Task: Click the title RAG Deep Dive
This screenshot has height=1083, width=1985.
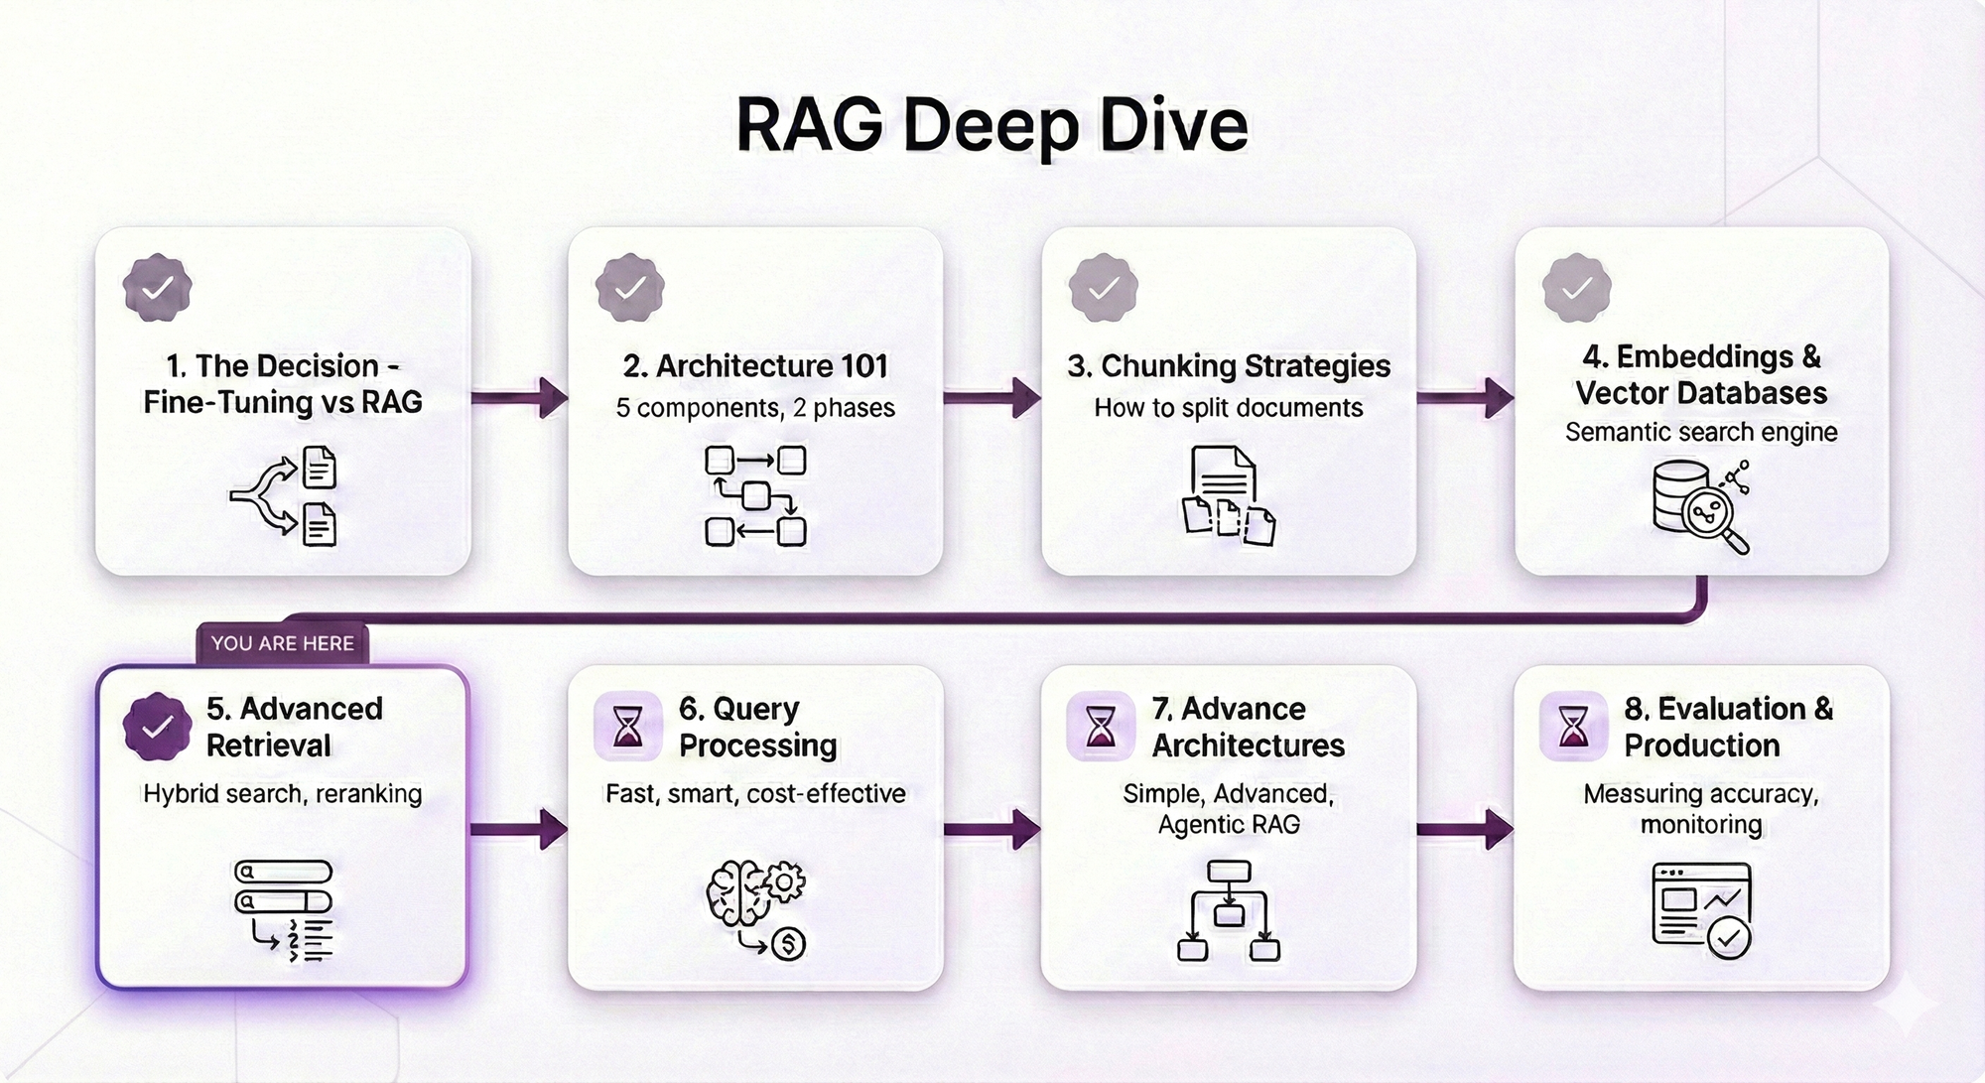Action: pyautogui.click(x=992, y=126)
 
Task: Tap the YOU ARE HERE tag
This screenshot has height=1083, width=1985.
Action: pyautogui.click(x=282, y=643)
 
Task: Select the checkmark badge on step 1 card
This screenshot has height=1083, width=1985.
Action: pyautogui.click(x=157, y=288)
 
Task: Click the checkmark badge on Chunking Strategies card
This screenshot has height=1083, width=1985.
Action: pyautogui.click(x=1103, y=288)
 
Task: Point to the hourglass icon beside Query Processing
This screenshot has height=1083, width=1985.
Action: pyautogui.click(x=628, y=726)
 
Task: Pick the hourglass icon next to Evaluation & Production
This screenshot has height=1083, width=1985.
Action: pyautogui.click(x=1573, y=726)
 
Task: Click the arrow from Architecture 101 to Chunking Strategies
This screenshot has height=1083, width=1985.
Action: pyautogui.click(x=992, y=398)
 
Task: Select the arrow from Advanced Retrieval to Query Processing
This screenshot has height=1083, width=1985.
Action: pyautogui.click(x=518, y=829)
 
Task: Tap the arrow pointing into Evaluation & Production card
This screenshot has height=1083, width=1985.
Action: pyautogui.click(x=1465, y=829)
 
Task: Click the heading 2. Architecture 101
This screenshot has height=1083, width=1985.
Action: pyautogui.click(x=755, y=366)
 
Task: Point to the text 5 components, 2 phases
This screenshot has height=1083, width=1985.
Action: pyautogui.click(x=755, y=408)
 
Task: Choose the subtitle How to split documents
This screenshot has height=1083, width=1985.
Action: pyautogui.click(x=1229, y=408)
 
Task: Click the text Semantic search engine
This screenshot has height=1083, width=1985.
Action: pyautogui.click(x=1701, y=432)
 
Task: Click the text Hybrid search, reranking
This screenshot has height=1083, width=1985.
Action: pyautogui.click(x=283, y=794)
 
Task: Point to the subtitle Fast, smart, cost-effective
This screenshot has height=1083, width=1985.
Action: pyautogui.click(x=755, y=794)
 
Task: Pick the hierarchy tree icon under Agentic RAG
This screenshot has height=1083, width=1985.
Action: pyautogui.click(x=1229, y=911)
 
